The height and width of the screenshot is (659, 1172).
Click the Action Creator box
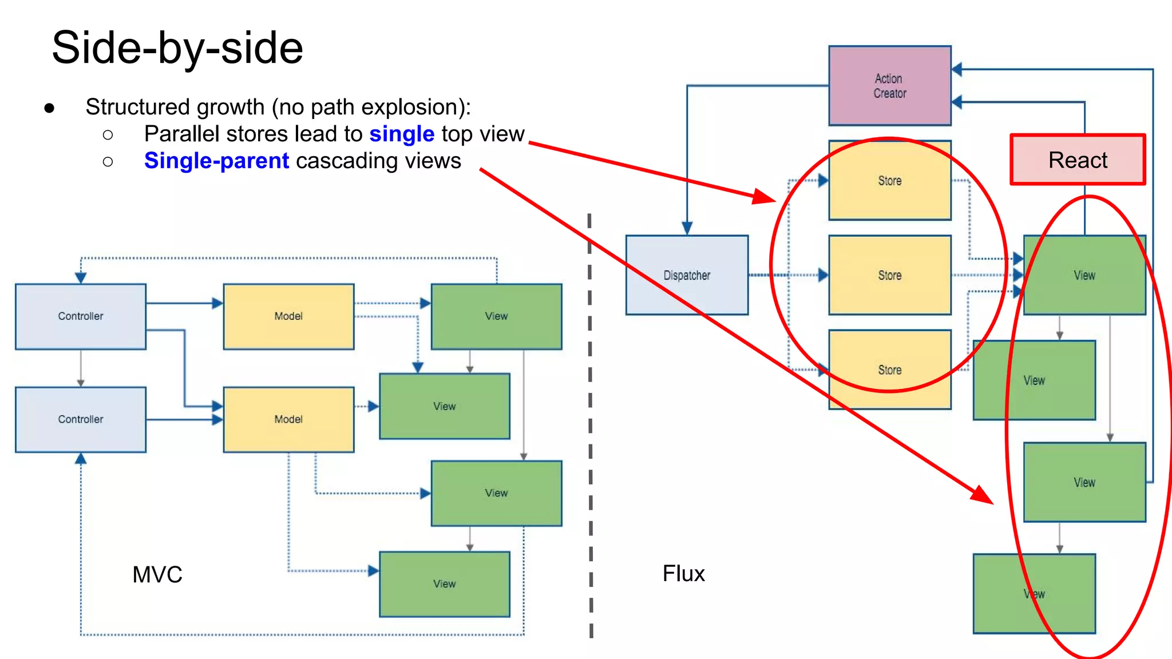889,86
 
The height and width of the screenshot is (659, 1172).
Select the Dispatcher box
687,275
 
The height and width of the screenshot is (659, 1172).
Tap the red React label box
1078,160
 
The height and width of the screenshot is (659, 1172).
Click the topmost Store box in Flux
889,180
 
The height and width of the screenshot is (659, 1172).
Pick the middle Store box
889,275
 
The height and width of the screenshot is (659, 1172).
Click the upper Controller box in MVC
81,316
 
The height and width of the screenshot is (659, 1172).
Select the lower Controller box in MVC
81,419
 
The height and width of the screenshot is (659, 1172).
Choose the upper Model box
288,316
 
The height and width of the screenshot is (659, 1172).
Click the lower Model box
288,419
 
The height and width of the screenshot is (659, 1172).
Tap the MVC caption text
157,574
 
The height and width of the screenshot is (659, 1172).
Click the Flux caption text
683,573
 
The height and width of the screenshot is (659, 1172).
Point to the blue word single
402,134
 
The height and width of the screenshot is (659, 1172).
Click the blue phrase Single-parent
216,161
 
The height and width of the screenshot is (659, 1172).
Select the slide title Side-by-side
177,48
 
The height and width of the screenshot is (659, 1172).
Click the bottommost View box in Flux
1034,594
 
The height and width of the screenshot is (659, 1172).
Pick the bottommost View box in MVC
444,584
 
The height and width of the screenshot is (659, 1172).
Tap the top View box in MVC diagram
496,316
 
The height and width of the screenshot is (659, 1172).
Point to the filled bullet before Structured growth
49,108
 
